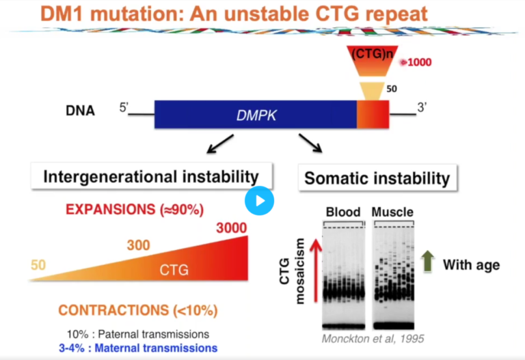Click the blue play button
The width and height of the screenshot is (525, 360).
tap(259, 200)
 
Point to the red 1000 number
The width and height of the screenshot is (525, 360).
tap(418, 62)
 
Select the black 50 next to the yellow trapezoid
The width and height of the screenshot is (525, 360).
tap(392, 88)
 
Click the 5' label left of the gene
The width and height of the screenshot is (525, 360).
tap(124, 107)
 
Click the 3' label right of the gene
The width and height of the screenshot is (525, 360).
tap(424, 107)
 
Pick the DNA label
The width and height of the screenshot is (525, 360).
tap(79, 110)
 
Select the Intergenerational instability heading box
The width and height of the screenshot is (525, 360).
tap(151, 177)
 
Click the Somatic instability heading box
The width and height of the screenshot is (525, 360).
tap(377, 179)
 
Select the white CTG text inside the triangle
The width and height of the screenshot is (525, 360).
tap(174, 271)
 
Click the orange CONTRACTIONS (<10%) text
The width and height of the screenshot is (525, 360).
tap(138, 310)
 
